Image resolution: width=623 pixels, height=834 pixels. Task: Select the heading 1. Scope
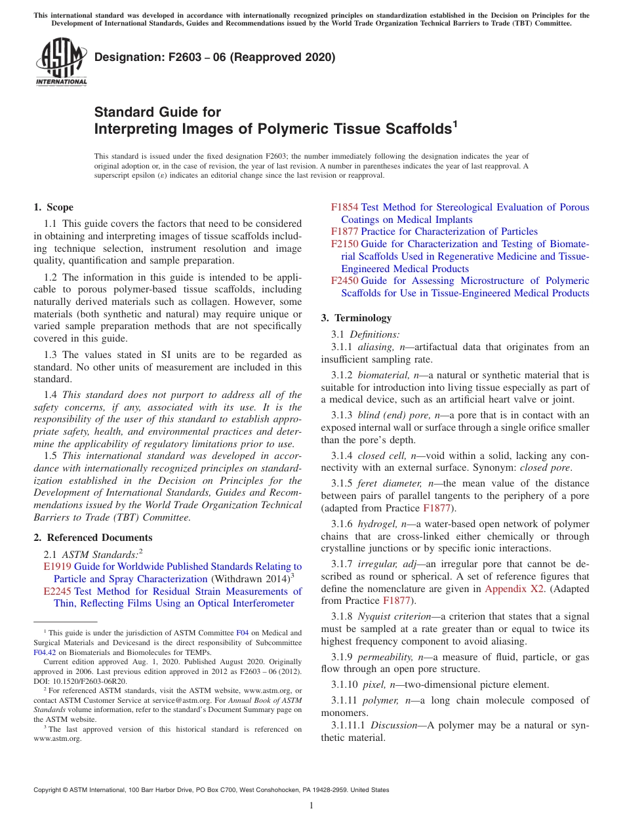pos(54,207)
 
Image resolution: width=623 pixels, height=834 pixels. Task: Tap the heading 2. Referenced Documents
pos(93,538)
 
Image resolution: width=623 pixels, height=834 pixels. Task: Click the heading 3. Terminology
pos(356,318)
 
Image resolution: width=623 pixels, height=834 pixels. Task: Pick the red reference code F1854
pos(344,207)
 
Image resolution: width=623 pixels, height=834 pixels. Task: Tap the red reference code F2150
pos(344,244)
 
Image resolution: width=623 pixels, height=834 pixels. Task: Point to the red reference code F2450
pos(344,281)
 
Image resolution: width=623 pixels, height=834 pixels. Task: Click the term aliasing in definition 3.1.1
pos(375,347)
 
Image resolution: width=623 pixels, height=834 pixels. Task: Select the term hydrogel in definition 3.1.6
pos(378,524)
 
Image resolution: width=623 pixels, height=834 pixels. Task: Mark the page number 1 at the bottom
pos(311,805)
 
